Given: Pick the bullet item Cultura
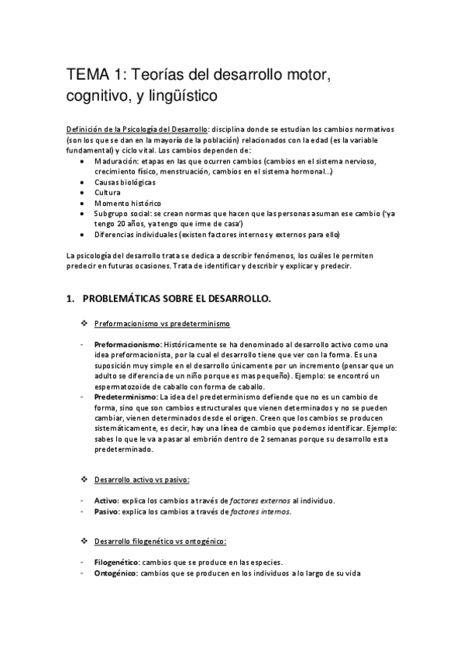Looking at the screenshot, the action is point(108,191).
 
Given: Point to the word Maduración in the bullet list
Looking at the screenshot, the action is point(115,160).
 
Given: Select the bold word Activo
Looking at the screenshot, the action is point(107,501).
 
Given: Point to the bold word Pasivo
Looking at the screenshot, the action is point(107,511).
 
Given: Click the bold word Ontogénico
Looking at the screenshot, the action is point(115,573).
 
